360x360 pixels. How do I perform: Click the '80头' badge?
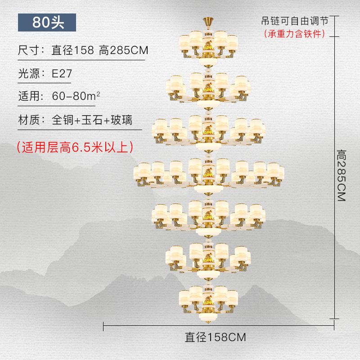tap(47, 22)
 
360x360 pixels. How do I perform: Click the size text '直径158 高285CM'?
tap(100, 50)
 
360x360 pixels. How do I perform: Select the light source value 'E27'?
tap(62, 73)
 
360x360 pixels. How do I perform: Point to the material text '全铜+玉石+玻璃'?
tap(92, 120)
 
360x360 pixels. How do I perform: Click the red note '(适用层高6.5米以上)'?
tap(74, 147)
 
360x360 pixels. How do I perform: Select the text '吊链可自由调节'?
tap(295, 21)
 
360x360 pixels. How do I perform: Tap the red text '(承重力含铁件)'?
tap(295, 34)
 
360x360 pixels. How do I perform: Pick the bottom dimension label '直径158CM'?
tap(216, 337)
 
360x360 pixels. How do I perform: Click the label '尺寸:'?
tap(31, 50)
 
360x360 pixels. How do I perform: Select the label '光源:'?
tap(31, 73)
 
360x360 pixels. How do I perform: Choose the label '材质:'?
tap(31, 120)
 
